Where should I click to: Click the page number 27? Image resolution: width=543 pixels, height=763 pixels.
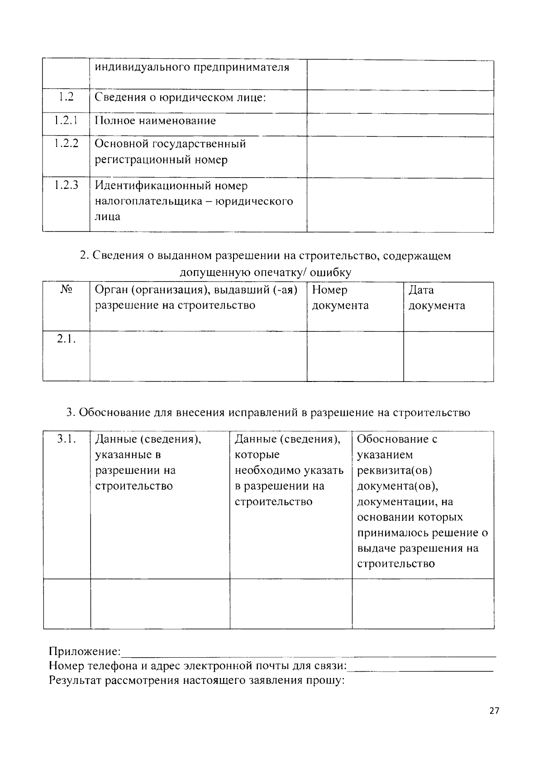click(494, 711)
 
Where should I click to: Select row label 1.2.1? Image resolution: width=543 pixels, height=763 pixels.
click(66, 121)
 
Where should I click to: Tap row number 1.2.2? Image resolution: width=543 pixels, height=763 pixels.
click(66, 144)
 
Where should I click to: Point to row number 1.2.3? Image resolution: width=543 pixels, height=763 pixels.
click(66, 185)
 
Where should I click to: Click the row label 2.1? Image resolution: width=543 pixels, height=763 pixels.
click(66, 339)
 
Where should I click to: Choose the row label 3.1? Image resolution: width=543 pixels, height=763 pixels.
click(66, 439)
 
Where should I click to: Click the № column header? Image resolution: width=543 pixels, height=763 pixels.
click(66, 290)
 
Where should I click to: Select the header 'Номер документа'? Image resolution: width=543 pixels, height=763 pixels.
click(340, 297)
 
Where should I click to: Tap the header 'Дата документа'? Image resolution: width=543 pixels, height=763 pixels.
click(437, 297)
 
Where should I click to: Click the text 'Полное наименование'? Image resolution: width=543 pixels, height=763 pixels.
click(155, 121)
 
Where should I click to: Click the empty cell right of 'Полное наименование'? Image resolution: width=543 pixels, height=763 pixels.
click(400, 124)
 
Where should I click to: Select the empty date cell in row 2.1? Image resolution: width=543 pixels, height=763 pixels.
click(448, 356)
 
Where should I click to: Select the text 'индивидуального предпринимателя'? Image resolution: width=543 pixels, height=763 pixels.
click(192, 68)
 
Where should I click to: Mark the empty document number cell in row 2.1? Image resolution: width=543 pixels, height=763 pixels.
click(355, 356)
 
